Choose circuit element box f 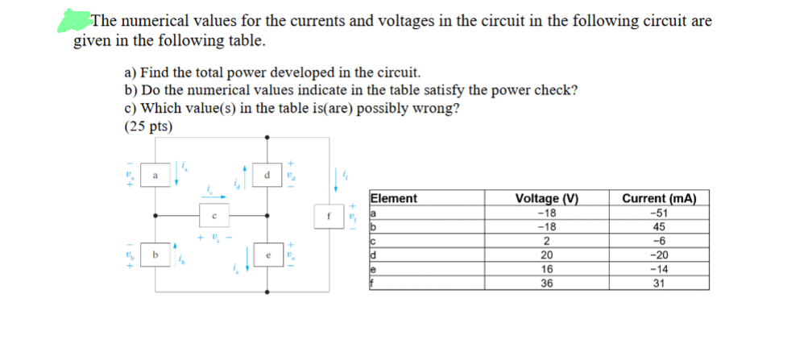[329, 215]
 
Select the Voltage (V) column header [547, 199]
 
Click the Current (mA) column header [660, 199]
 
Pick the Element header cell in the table [393, 199]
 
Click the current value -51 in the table [660, 213]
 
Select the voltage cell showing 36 [547, 283]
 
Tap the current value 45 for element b [660, 226]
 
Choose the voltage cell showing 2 [547, 241]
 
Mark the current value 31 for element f [660, 283]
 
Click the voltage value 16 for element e [547, 269]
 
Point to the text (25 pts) [149, 126]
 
